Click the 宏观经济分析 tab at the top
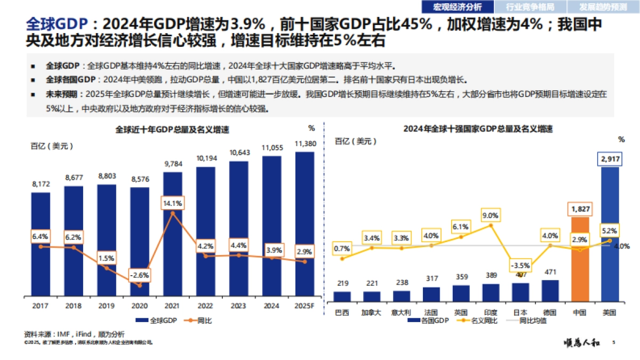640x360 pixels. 458,7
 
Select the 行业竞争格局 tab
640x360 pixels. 530,7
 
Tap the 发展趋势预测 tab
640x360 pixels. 603,7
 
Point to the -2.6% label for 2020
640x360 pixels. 139,275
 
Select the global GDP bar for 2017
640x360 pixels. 41,243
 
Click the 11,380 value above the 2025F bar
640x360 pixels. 305,144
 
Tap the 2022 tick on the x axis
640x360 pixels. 206,306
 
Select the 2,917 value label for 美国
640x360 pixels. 610,159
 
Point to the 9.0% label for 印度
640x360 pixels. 490,215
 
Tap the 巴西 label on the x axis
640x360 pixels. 342,312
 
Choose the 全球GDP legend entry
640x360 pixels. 156,321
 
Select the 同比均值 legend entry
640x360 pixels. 533,321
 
